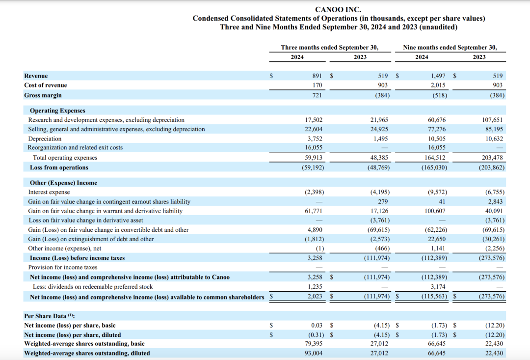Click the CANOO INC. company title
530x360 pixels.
pyautogui.click(x=338, y=9)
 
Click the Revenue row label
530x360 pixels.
pyautogui.click(x=36, y=76)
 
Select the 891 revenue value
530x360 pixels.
pyautogui.click(x=317, y=76)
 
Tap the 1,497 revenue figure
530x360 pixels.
pyautogui.click(x=438, y=76)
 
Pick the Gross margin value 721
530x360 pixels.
pyautogui.click(x=317, y=95)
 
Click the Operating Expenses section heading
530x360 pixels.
pyautogui.click(x=57, y=111)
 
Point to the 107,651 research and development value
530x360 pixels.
pyautogui.click(x=493, y=120)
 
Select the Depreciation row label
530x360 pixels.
pyautogui.click(x=45, y=138)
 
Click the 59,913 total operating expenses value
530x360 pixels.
pyautogui.click(x=314, y=158)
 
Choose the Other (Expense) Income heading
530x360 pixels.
pyautogui.click(x=63, y=183)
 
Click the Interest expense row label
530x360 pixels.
pyautogui.click(x=49, y=192)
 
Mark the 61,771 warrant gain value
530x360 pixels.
pyautogui.click(x=314, y=211)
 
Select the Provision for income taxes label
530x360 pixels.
pyautogui.click(x=63, y=267)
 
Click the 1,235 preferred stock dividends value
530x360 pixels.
pyautogui.click(x=315, y=287)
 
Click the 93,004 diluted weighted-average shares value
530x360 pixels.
pyautogui.click(x=314, y=353)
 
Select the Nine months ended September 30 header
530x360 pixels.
pyautogui.click(x=450, y=48)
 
